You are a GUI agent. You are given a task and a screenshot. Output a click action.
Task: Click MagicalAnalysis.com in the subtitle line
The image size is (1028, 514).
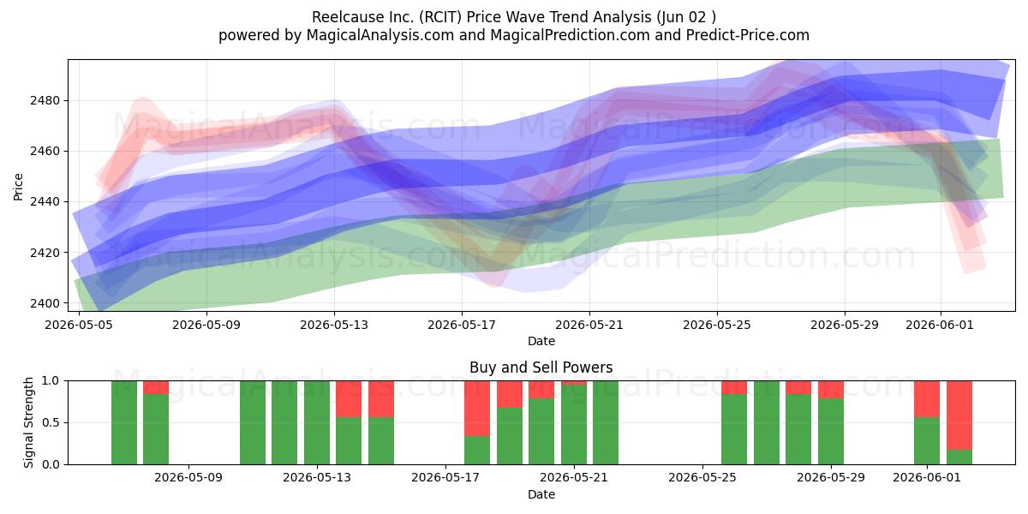pyautogui.click(x=380, y=35)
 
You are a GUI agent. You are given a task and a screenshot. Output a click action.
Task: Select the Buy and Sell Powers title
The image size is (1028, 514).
pyautogui.click(x=541, y=368)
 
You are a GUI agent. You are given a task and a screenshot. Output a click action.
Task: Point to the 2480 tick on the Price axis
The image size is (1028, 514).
pyautogui.click(x=45, y=100)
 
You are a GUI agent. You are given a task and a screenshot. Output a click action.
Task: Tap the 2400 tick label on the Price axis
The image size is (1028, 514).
pyautogui.click(x=45, y=303)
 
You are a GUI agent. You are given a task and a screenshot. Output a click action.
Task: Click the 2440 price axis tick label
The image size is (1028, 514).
pyautogui.click(x=45, y=202)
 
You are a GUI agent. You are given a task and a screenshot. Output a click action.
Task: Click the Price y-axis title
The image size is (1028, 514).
pyautogui.click(x=18, y=187)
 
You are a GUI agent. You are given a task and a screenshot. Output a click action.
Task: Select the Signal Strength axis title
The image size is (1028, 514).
pyautogui.click(x=28, y=422)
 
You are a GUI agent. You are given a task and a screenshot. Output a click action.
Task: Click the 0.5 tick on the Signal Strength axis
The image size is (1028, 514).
pyautogui.click(x=51, y=422)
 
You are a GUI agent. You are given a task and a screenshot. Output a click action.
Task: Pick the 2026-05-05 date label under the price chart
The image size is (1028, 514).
pyautogui.click(x=79, y=325)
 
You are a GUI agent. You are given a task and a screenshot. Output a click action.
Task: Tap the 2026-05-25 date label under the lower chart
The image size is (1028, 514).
pyautogui.click(x=702, y=478)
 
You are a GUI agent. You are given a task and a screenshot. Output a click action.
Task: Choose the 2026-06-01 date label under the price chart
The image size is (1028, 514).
pyautogui.click(x=940, y=325)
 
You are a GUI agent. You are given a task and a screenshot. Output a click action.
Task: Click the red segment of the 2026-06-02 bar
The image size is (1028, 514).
pyautogui.click(x=959, y=415)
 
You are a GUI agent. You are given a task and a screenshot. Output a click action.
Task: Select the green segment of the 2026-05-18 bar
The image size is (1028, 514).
pyautogui.click(x=477, y=451)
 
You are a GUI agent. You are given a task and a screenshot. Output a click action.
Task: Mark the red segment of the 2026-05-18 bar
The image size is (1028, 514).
pyautogui.click(x=477, y=409)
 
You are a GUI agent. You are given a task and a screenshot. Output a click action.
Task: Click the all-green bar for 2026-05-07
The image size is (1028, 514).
pyautogui.click(x=124, y=422)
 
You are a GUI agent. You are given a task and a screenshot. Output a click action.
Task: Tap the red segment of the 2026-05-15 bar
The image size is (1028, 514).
pyautogui.click(x=381, y=399)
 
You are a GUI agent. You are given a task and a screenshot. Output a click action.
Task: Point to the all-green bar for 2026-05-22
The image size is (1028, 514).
pyautogui.click(x=606, y=422)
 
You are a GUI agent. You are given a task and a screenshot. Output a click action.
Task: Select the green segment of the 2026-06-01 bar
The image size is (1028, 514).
pyautogui.click(x=927, y=441)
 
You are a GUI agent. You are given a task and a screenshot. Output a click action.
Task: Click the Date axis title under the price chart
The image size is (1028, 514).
pyautogui.click(x=541, y=342)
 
